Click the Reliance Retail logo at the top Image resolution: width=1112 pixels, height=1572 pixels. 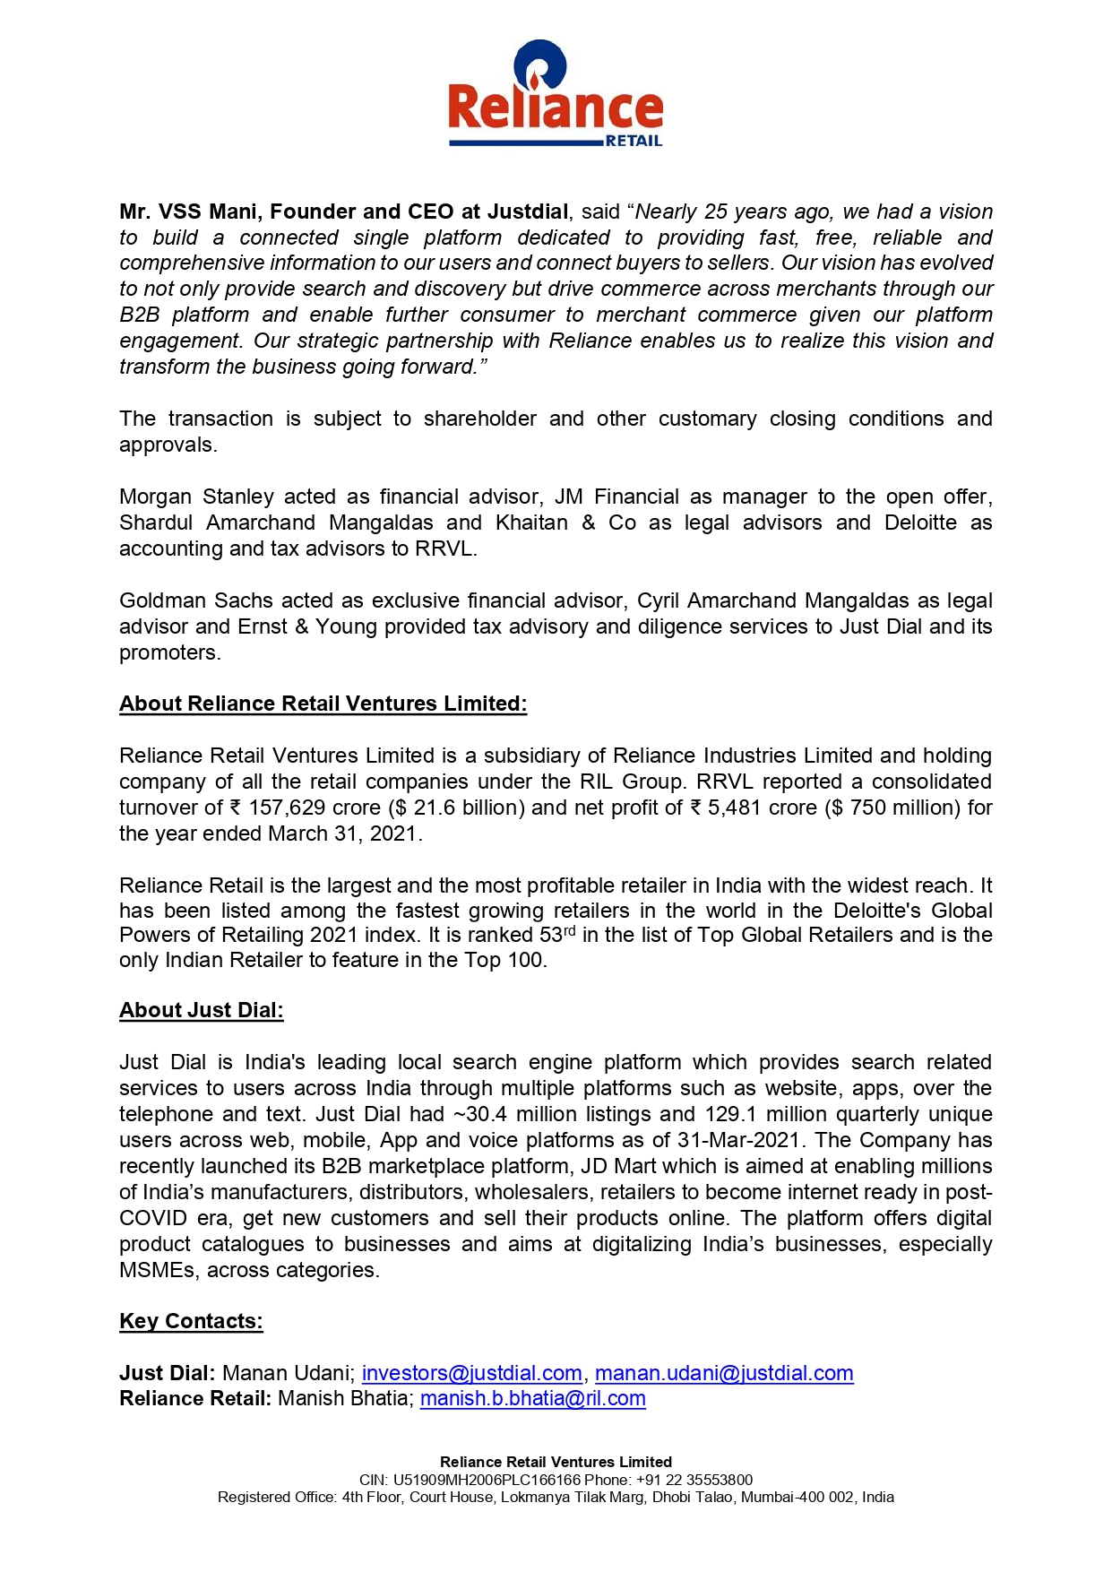pyautogui.click(x=556, y=94)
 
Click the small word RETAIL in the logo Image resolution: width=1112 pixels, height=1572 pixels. pyautogui.click(x=634, y=141)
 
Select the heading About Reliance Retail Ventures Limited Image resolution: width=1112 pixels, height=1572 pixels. pyautogui.click(x=323, y=704)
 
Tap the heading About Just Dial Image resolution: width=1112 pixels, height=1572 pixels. pyautogui.click(x=201, y=1010)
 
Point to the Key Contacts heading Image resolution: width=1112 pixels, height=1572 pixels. pyautogui.click(x=191, y=1321)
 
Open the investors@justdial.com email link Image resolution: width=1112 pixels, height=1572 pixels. pyautogui.click(x=471, y=1373)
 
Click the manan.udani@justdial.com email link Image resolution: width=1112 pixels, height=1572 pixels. pyautogui.click(x=724, y=1373)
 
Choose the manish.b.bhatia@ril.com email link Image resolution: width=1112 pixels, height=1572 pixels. pyautogui.click(x=532, y=1398)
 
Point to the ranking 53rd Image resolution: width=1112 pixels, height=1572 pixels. pyautogui.click(x=557, y=935)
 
